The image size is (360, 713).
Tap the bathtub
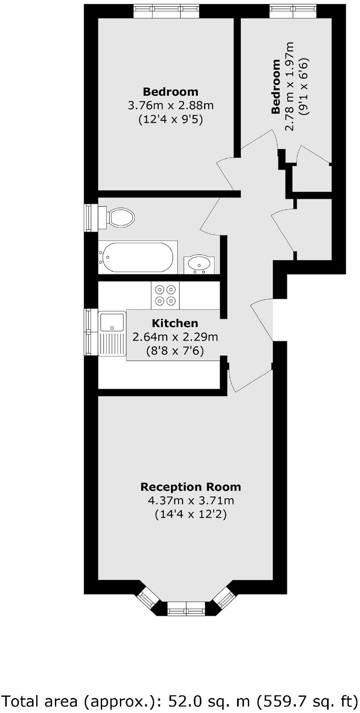click(137, 257)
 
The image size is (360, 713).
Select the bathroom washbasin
click(199, 264)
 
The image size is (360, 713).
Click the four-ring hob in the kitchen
click(165, 295)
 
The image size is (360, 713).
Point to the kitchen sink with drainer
click(112, 333)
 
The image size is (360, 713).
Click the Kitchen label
click(175, 323)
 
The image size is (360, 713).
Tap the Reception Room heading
click(190, 487)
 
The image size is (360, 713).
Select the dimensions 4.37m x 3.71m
click(190, 501)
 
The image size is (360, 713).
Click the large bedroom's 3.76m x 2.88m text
click(170, 105)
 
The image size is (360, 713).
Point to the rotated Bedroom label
click(275, 87)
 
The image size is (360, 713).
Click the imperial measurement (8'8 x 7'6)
click(175, 351)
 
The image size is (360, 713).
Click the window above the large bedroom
click(166, 11)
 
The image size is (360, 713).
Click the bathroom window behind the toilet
click(89, 217)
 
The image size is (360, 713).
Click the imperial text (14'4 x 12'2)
click(190, 514)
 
